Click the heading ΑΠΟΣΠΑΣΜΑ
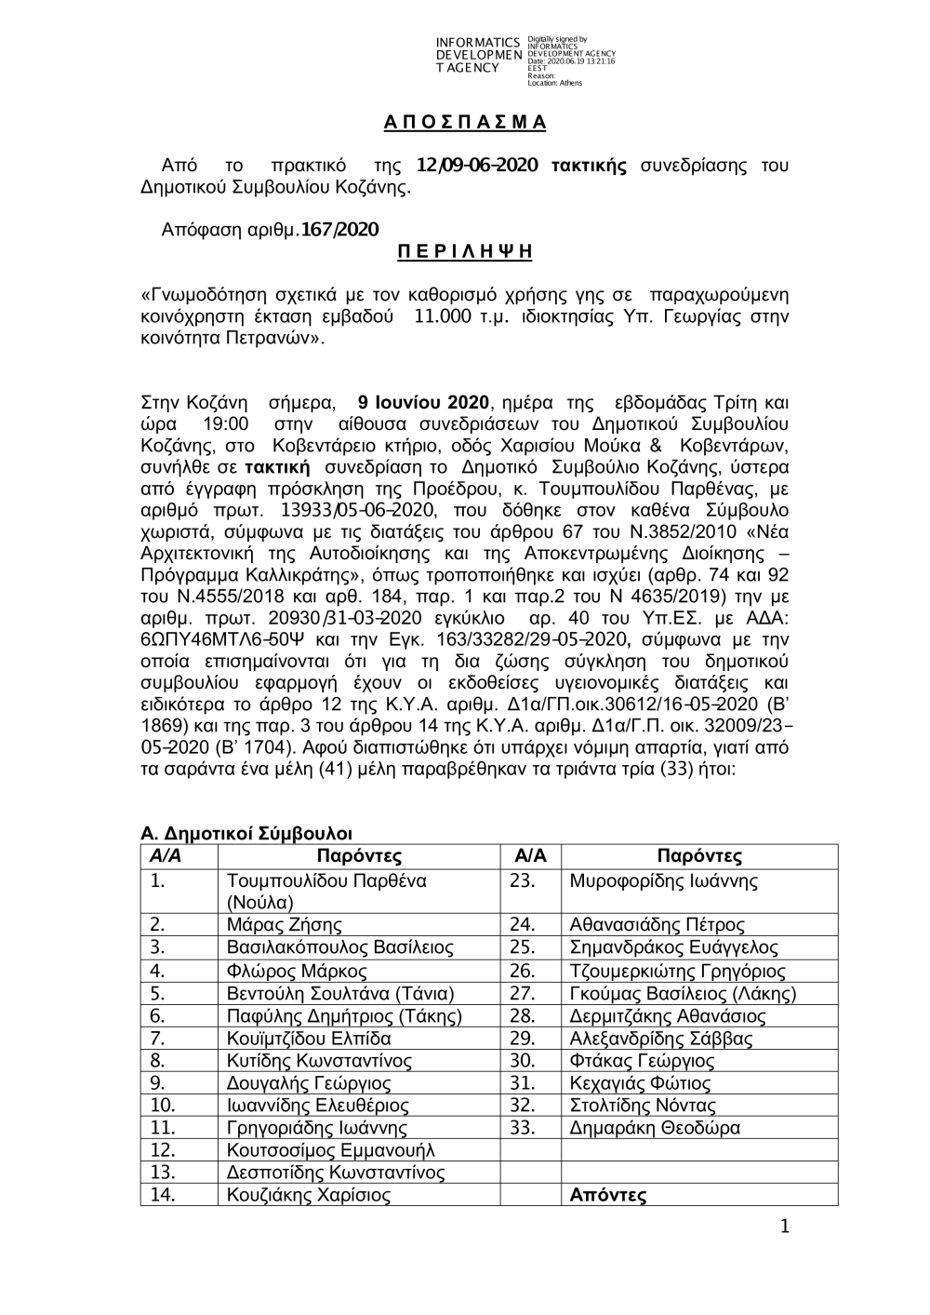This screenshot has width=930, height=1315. (x=465, y=123)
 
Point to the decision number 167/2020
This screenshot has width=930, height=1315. (x=338, y=228)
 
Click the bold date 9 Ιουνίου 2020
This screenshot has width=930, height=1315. (x=423, y=403)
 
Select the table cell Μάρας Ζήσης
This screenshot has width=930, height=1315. (x=285, y=925)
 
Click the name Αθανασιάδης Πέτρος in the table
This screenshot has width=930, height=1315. (x=657, y=925)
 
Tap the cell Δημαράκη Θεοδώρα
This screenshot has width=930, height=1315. (x=655, y=1129)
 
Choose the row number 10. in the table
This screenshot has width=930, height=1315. (x=163, y=1106)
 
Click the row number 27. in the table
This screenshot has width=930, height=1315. (x=524, y=993)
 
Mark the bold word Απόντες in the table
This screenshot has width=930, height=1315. (x=607, y=1196)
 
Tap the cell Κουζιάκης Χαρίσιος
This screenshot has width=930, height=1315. (x=309, y=1196)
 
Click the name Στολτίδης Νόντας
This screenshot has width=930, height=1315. (x=643, y=1106)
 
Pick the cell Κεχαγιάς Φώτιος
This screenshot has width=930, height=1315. (x=640, y=1083)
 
